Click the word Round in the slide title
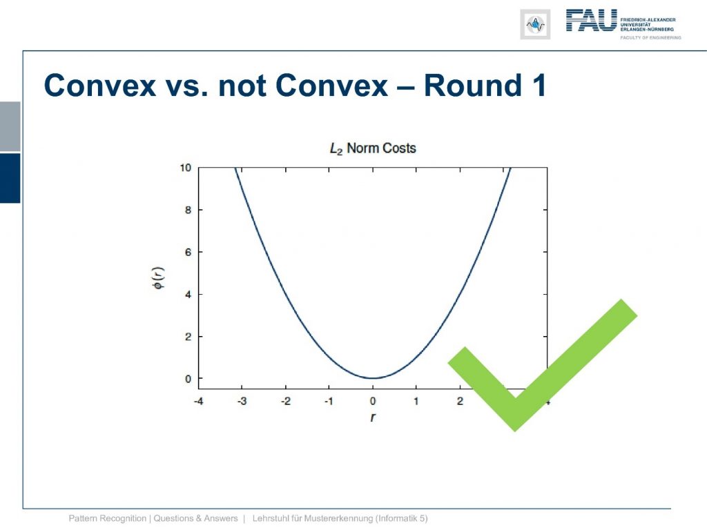point(467,85)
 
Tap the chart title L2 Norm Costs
point(373,148)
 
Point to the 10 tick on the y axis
point(185,168)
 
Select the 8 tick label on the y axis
point(188,210)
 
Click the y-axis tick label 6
point(188,253)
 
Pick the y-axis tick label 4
point(188,294)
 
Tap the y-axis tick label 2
point(188,337)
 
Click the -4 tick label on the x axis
point(198,401)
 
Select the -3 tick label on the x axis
point(242,401)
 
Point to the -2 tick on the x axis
point(285,401)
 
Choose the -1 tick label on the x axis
point(329,401)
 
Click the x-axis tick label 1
point(416,401)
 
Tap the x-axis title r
point(373,418)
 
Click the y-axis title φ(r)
point(159,278)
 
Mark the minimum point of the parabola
point(373,377)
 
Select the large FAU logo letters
point(591,20)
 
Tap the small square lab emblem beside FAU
point(535,24)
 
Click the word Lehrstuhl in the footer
point(270,518)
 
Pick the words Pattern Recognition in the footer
point(107,519)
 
